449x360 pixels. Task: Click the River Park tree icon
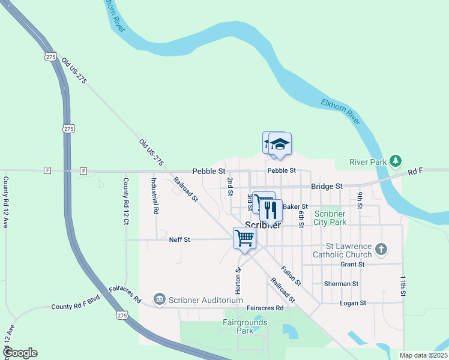(395, 161)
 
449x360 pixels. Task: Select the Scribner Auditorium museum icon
(159, 299)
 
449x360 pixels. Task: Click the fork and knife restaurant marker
(271, 210)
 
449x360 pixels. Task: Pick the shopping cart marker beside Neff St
(245, 238)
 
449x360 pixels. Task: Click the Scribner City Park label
(330, 218)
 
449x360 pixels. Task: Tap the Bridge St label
(327, 187)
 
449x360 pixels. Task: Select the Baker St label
(295, 206)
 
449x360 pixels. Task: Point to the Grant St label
(352, 264)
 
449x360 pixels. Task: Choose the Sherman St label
(340, 284)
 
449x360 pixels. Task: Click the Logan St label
(353, 303)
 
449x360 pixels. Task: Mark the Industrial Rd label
(154, 196)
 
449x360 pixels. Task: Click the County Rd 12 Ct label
(126, 197)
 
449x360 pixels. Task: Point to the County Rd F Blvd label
(75, 306)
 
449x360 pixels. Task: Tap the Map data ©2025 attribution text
(423, 355)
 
